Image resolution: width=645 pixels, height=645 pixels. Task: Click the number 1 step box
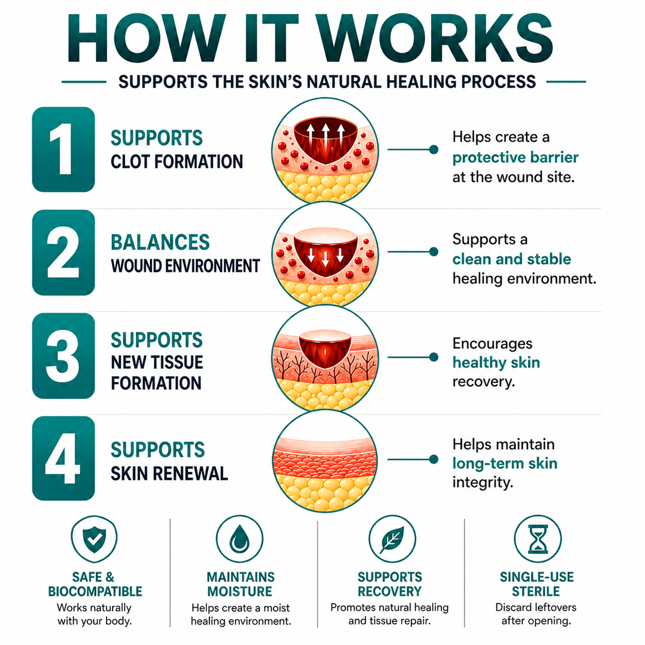tap(63, 149)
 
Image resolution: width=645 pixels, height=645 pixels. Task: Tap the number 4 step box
tap(63, 458)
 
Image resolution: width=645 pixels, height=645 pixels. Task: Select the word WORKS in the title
tap(437, 38)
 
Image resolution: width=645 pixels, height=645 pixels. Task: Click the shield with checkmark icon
tap(95, 539)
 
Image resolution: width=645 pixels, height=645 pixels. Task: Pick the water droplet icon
tap(240, 539)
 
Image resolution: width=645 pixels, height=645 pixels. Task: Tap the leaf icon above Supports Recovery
tap(391, 539)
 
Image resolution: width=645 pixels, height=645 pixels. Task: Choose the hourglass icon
tap(537, 539)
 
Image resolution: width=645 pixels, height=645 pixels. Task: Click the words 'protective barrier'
tap(515, 157)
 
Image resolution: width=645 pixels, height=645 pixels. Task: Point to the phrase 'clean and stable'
tap(512, 259)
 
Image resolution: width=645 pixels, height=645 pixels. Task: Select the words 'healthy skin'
tap(496, 363)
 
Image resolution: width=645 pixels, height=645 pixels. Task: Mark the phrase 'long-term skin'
tap(505, 463)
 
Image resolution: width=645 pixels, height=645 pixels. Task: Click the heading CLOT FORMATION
tap(177, 162)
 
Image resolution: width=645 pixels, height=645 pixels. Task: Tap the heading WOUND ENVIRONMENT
tap(186, 266)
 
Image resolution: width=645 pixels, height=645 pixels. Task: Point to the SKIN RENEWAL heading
tap(169, 474)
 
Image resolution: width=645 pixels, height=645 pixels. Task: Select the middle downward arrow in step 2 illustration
tap(326, 259)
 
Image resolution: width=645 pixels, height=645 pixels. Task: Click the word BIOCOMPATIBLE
tap(95, 592)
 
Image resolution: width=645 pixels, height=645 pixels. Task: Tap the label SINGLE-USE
tap(537, 577)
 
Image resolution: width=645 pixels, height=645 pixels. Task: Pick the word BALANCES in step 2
tap(160, 242)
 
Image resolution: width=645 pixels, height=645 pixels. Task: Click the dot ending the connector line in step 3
tap(434, 357)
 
